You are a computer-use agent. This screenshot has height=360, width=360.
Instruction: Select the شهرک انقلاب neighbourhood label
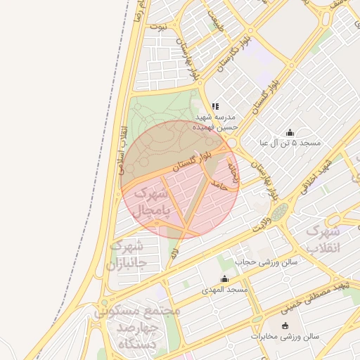324,239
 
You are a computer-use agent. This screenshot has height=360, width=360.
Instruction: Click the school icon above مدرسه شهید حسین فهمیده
215,106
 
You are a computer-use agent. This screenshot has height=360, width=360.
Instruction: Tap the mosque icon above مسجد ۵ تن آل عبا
290,132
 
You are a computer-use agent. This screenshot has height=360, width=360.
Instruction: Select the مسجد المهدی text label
225,290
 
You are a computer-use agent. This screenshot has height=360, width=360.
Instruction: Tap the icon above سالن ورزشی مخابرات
285,326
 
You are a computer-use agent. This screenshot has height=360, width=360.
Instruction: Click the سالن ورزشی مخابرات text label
285,337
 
